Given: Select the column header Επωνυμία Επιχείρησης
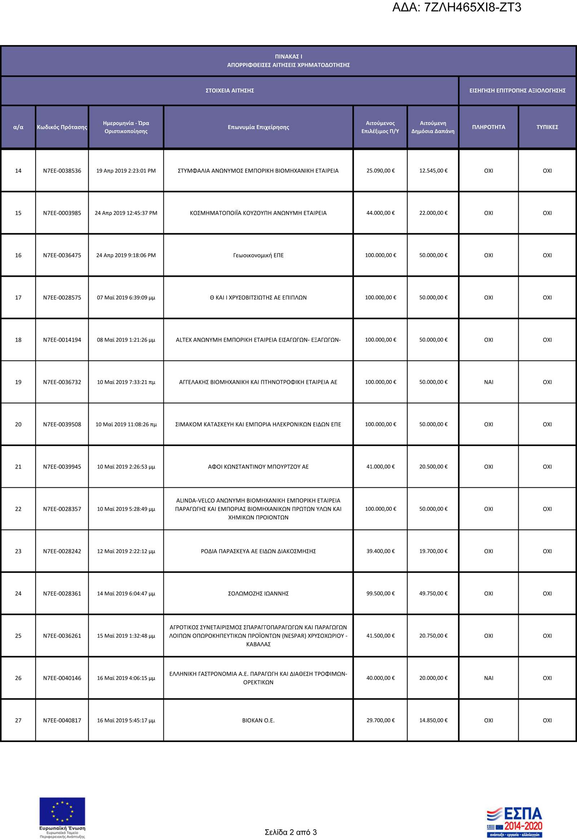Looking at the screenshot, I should click(x=258, y=127).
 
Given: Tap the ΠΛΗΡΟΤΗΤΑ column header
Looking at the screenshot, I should click(x=488, y=127).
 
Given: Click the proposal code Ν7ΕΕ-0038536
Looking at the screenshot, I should click(x=62, y=171).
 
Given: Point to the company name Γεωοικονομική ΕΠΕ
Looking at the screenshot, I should click(x=258, y=256).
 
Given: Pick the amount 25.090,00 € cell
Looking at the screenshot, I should click(x=380, y=171).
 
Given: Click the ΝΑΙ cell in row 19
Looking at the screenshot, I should click(x=488, y=382).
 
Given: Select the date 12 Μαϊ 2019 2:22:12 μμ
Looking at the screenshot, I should click(x=126, y=551).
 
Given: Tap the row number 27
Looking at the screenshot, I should click(x=18, y=720).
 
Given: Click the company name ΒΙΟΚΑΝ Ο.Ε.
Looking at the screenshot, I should click(x=258, y=720).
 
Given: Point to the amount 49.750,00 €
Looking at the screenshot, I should click(x=433, y=594).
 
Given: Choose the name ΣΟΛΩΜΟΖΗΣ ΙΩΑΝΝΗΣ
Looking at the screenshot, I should click(x=258, y=594).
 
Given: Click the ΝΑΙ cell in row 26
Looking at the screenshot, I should click(x=488, y=678).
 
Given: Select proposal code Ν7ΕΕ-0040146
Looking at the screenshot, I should click(x=62, y=678).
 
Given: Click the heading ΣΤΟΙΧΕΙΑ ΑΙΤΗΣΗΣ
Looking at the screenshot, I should click(x=230, y=91).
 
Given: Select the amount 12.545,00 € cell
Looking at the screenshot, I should click(x=433, y=171).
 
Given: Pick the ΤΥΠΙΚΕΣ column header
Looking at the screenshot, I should click(x=547, y=127).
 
